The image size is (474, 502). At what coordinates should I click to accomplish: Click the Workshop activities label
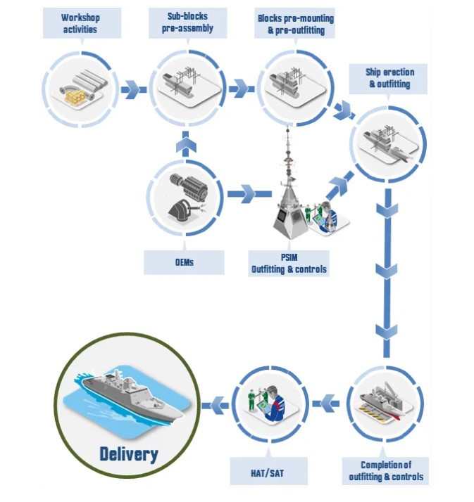click(x=80, y=23)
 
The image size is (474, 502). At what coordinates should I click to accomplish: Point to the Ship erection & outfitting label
click(x=389, y=78)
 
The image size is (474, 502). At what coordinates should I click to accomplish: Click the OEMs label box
click(x=184, y=262)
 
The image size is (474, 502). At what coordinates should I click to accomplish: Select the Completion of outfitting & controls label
click(x=385, y=470)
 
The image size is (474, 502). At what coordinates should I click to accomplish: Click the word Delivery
click(x=128, y=453)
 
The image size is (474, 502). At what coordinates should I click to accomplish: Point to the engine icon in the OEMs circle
click(x=185, y=185)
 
